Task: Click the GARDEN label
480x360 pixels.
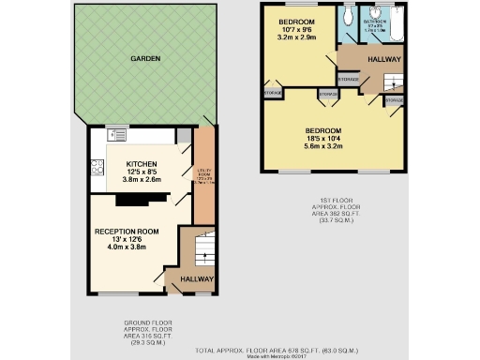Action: tap(145, 59)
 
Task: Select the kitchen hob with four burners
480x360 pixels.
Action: tap(97, 167)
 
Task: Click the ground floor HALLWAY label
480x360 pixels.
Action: tap(197, 278)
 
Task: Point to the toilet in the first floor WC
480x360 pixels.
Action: tap(348, 14)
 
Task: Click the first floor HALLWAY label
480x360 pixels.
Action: tap(384, 59)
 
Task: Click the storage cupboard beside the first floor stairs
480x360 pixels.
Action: tap(394, 98)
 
